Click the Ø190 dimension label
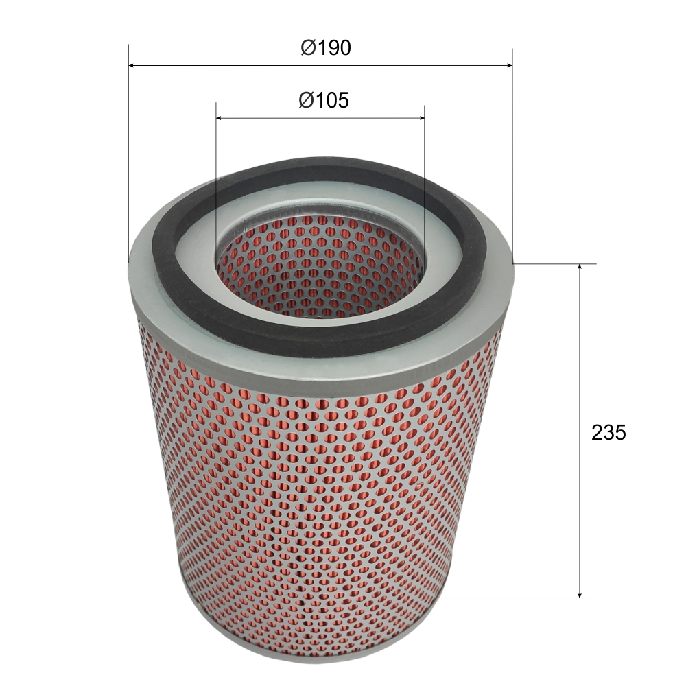325,48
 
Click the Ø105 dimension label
324,100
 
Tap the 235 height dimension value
608,433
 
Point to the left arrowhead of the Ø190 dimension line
132,66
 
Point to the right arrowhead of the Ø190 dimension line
508,66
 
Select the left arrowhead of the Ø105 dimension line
220,118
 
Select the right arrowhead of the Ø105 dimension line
421,118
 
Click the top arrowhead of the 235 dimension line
580,268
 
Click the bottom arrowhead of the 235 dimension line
580,593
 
